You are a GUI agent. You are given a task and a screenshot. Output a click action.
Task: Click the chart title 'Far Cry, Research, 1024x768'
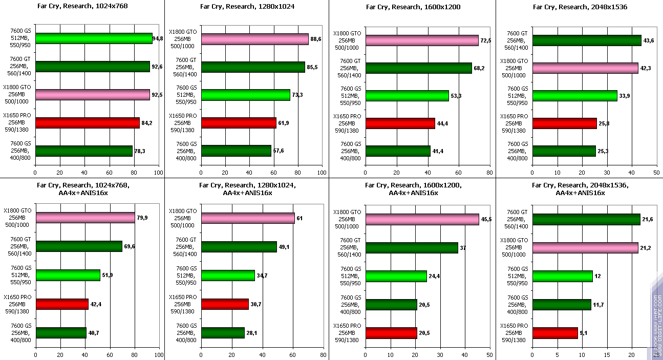[x=82, y=7]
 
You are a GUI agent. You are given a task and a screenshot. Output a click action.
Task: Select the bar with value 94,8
[x=94, y=38]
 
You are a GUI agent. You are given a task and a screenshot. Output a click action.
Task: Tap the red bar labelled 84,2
[x=87, y=123]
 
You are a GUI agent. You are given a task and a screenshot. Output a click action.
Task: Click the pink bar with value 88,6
[x=254, y=39]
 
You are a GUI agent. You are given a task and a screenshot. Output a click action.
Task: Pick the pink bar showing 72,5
[x=421, y=40]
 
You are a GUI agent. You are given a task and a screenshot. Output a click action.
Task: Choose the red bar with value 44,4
[x=400, y=123]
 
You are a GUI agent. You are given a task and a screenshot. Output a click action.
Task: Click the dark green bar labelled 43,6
[x=586, y=40]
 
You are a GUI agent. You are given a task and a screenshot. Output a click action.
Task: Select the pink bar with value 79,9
[x=85, y=218]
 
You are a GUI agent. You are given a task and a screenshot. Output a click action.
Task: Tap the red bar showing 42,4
[x=62, y=304]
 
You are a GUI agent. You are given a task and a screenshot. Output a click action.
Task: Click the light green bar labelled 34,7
[x=228, y=276]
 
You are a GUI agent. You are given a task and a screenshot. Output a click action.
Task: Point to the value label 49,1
[x=284, y=247]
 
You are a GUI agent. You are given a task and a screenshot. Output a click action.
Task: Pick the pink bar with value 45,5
[x=422, y=219]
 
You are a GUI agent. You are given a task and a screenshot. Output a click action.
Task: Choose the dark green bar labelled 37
[x=412, y=248]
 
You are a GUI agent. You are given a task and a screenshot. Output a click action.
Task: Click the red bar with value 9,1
[x=555, y=333]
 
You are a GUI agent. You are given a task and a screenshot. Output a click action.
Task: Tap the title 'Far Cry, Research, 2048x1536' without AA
[x=580, y=7]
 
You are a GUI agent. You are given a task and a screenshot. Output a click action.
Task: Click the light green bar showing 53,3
[x=407, y=96]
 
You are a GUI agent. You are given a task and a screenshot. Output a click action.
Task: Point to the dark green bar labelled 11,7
[x=562, y=305]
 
